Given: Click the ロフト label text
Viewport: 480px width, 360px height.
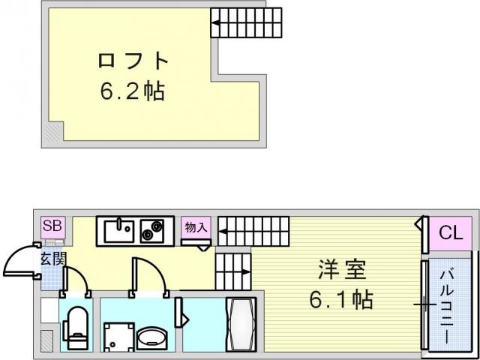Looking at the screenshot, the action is pyautogui.click(x=133, y=61).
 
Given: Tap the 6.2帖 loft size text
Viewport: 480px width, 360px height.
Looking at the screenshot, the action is pyautogui.click(x=133, y=91).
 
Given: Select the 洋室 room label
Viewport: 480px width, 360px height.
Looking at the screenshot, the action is pyautogui.click(x=342, y=270).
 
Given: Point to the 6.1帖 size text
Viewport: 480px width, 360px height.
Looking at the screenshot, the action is pyautogui.click(x=341, y=299).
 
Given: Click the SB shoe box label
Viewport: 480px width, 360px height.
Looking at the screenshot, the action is pyautogui.click(x=53, y=226).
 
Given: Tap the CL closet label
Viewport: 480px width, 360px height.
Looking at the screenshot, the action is pyautogui.click(x=450, y=234).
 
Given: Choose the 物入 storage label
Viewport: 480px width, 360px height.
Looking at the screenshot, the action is pyautogui.click(x=196, y=227).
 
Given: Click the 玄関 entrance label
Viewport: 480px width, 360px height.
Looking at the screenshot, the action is pyautogui.click(x=53, y=259).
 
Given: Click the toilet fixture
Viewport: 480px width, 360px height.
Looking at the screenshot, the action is pyautogui.click(x=75, y=328).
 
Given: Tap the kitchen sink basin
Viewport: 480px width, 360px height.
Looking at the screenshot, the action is pyautogui.click(x=118, y=231).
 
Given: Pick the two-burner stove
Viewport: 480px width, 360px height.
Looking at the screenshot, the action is pyautogui.click(x=152, y=231).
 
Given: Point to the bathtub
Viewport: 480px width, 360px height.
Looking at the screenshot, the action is pyautogui.click(x=241, y=325).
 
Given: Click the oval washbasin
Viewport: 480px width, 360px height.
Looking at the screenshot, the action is pyautogui.click(x=151, y=338).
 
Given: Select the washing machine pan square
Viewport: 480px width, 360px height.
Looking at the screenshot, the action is pyautogui.click(x=118, y=336).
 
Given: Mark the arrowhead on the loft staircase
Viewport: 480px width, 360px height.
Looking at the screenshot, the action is pyautogui.click(x=215, y=22).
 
